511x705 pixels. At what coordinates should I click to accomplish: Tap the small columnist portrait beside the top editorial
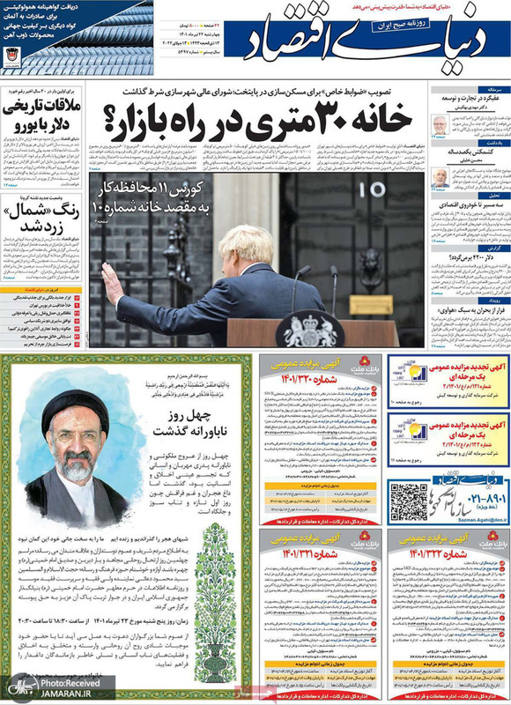pyautogui.click(x=438, y=126)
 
